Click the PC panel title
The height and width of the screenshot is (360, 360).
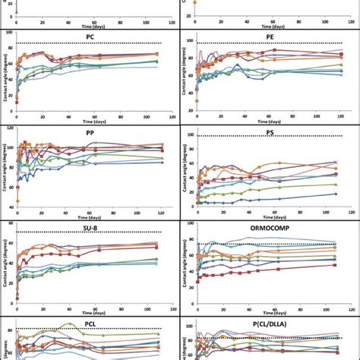(90, 36)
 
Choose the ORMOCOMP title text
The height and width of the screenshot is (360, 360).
(269, 226)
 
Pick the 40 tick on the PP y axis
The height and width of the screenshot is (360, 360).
(9, 207)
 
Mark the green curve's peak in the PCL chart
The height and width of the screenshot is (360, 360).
(71, 324)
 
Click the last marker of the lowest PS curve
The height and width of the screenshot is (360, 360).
(335, 194)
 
